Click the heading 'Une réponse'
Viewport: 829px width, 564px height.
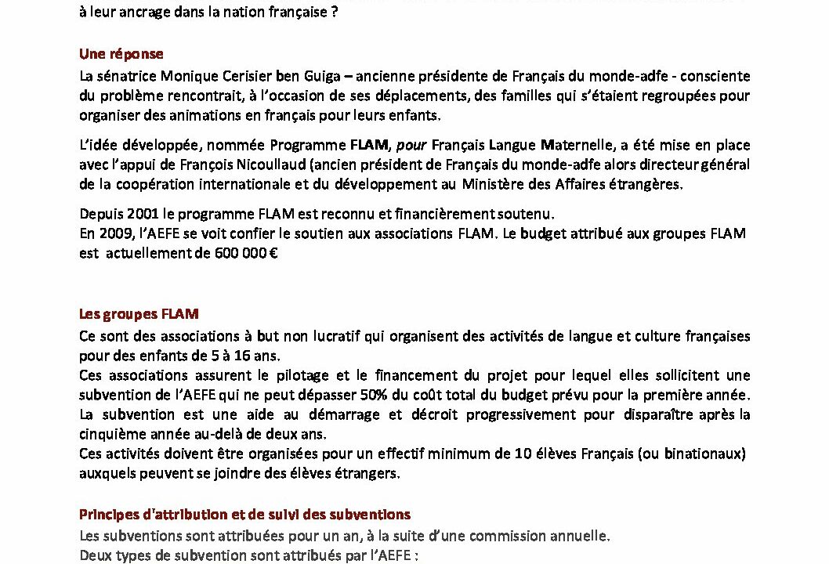click(x=121, y=54)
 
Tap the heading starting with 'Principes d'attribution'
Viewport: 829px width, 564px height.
click(x=244, y=515)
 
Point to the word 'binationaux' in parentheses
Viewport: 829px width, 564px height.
click(x=710, y=454)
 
